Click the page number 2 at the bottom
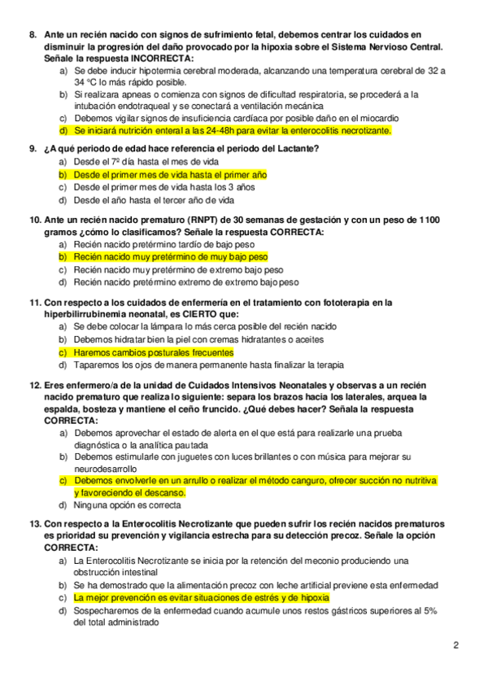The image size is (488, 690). (456, 646)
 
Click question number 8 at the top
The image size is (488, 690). (32, 34)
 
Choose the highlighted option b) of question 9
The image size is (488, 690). (170, 175)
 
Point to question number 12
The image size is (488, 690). (35, 384)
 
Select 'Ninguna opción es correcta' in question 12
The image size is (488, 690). (131, 504)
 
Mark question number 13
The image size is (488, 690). (35, 525)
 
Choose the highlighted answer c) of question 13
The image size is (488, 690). (196, 597)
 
